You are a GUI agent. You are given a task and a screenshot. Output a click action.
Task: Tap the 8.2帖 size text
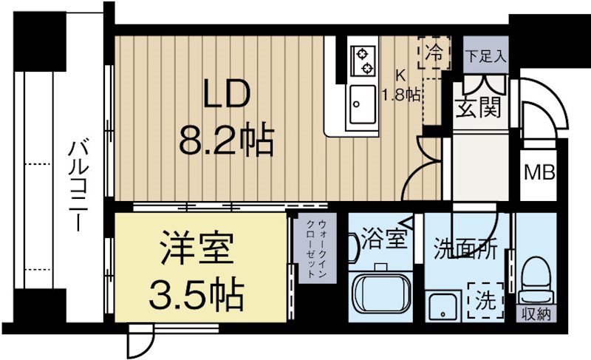[226, 139]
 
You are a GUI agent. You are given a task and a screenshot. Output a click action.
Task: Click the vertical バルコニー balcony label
[76, 184]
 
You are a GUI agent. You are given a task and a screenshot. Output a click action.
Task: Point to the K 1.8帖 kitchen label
[401, 86]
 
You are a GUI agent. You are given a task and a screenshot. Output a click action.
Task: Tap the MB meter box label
[539, 173]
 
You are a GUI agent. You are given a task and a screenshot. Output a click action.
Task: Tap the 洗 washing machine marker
[486, 300]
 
